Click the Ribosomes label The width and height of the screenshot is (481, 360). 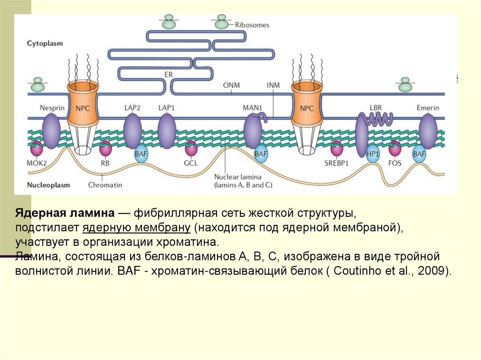252,25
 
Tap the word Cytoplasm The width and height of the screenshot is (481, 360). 45,43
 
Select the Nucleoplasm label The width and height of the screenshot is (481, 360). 48,184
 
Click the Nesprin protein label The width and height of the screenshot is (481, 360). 52,107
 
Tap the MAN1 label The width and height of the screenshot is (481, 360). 252,107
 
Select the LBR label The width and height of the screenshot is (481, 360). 376,107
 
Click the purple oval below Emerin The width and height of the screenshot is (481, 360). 427,131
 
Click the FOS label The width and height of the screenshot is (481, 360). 395,164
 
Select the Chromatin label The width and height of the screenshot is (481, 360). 105,184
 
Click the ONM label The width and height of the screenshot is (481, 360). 231,85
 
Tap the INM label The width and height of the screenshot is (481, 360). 273,85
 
